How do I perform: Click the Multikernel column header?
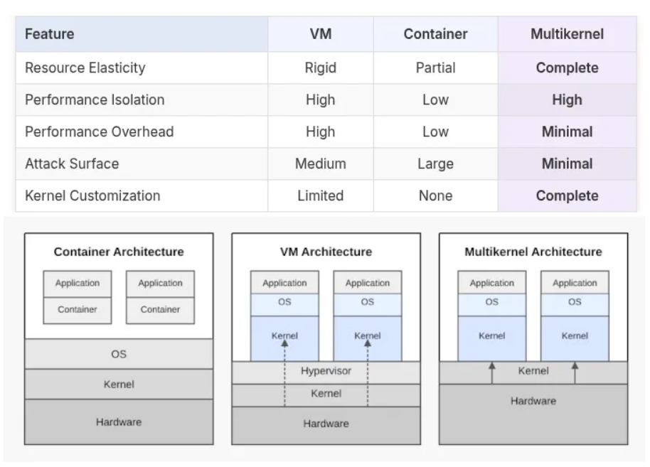click(x=567, y=34)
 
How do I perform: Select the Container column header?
click(x=435, y=34)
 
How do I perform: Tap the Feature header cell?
click(x=50, y=34)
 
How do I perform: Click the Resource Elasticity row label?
click(x=85, y=68)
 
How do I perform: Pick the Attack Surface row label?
click(x=72, y=163)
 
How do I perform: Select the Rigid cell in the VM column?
click(x=320, y=68)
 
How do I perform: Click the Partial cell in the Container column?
click(x=435, y=68)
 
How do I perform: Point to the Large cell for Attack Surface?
click(x=435, y=163)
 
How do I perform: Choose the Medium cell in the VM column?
click(x=320, y=163)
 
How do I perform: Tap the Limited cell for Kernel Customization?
click(x=320, y=195)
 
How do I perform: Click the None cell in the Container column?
click(x=435, y=195)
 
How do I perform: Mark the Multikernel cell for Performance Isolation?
click(x=567, y=100)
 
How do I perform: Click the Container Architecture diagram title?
click(x=119, y=252)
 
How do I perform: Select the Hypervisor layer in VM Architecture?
click(x=326, y=371)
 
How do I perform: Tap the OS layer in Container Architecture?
click(x=119, y=353)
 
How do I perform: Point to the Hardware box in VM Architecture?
click(x=326, y=424)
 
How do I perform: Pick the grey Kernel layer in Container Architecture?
click(x=119, y=384)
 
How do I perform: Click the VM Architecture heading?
click(x=326, y=252)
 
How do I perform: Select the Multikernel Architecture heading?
click(x=533, y=252)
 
